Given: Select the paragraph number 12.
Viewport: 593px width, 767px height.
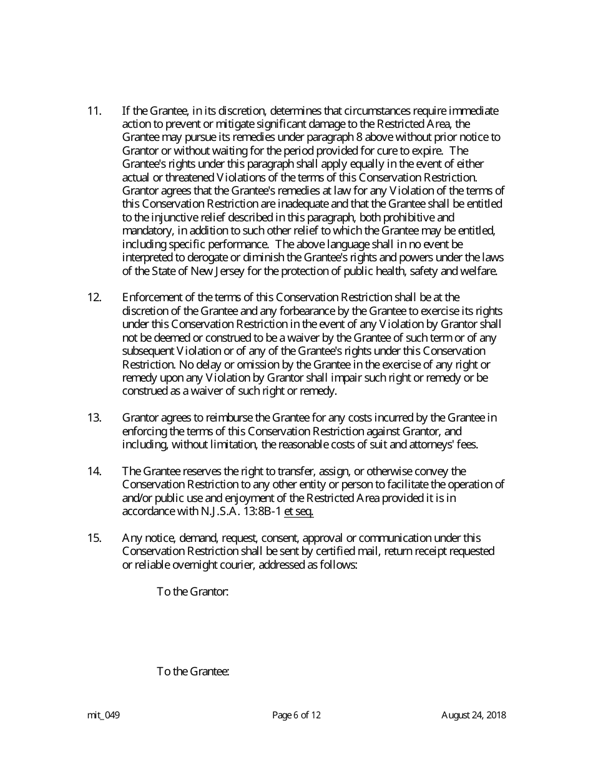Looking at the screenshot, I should (94, 297).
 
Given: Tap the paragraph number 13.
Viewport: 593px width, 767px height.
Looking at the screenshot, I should (94, 418).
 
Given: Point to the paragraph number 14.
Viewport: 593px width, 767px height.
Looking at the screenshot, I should (94, 471).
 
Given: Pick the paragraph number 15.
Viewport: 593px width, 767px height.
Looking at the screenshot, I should (94, 538).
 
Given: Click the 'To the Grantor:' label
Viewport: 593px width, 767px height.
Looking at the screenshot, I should (192, 591).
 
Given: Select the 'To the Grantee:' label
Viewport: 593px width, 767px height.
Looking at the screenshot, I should (193, 672).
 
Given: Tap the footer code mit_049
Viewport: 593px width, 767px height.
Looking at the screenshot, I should (103, 715).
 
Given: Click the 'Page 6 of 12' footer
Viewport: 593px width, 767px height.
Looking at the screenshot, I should (296, 715).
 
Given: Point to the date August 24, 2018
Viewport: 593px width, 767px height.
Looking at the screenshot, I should (473, 715).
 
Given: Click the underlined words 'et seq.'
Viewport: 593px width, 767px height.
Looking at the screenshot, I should (298, 511).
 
